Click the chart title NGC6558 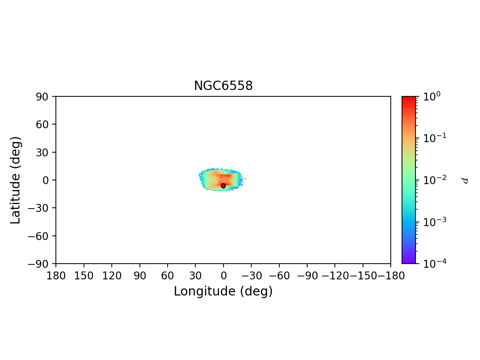point(223,86)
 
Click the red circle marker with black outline point(223,186)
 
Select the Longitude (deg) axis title point(223,291)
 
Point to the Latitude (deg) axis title point(15,180)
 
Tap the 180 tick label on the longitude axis point(56,276)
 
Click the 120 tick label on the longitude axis point(112,276)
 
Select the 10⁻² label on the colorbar point(432,180)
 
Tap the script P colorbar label point(465,180)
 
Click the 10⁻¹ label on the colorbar point(432,138)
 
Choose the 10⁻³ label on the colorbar point(432,222)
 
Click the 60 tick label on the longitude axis point(168,276)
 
